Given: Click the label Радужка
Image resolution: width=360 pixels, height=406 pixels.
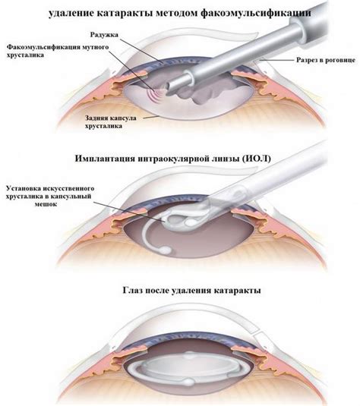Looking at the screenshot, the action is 104,34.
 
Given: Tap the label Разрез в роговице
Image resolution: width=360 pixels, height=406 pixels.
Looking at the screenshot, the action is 326,60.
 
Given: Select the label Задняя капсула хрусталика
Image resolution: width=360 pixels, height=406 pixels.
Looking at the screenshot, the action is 111,121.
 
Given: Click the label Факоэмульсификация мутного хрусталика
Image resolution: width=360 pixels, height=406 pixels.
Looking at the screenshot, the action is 58,51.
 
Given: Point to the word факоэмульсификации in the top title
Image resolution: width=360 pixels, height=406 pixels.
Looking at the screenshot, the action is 256,13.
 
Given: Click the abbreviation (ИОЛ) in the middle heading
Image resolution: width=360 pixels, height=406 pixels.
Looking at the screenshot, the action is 256,158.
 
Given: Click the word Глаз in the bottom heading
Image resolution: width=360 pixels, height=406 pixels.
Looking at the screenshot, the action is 132,290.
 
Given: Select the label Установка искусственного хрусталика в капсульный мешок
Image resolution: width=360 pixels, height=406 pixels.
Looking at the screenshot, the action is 50,196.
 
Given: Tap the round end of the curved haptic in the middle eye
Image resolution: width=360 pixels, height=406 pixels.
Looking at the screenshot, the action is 165,250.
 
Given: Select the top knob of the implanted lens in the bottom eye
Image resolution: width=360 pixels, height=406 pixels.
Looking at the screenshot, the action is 189,355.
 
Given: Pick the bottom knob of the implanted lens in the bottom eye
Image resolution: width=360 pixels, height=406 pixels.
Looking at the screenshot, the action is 189,382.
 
